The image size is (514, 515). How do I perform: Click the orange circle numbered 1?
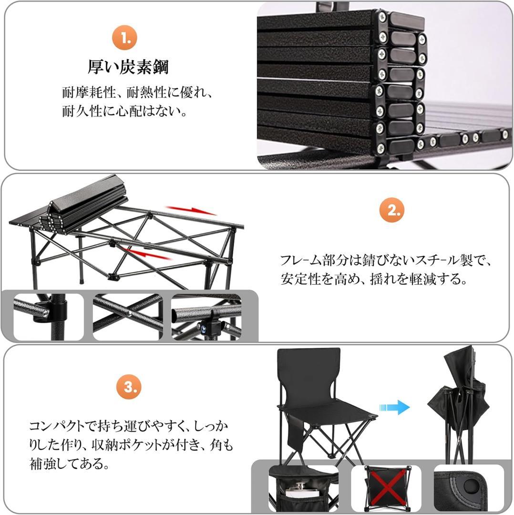[124, 38]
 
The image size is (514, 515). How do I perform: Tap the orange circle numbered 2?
[392, 210]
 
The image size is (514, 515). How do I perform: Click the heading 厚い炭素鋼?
[128, 67]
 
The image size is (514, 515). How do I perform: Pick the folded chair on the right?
[458, 405]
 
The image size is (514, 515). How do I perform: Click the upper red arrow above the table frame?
[191, 210]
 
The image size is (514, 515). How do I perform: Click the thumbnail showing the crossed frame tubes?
[128, 317]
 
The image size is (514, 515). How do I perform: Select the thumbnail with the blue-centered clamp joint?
[206, 317]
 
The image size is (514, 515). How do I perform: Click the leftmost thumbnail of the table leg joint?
[48, 317]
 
